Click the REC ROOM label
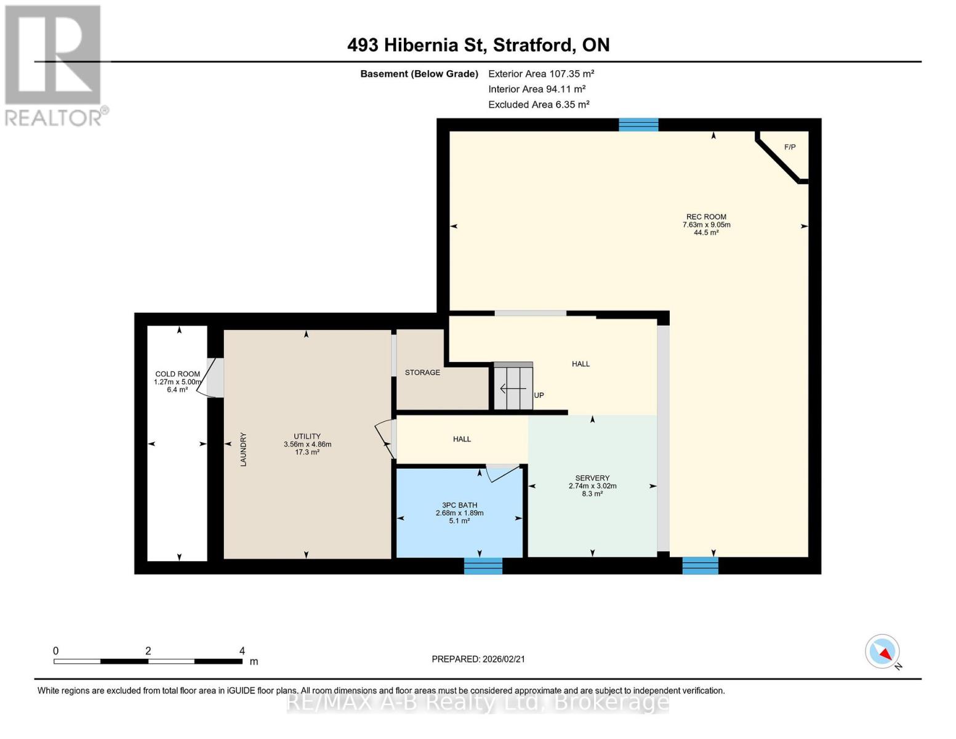tap(706, 217)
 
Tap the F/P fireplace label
tap(789, 147)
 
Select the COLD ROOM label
tap(177, 374)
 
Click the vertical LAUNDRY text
tap(243, 449)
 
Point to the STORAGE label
tap(422, 373)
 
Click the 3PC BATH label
tap(459, 505)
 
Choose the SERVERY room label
tap(592, 478)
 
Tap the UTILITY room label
tap(307, 436)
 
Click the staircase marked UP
tap(513, 387)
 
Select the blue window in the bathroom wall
tap(483, 565)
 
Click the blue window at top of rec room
tap(638, 125)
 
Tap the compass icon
tap(883, 652)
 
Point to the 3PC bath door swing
tap(502, 473)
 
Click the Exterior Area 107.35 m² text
tap(540, 73)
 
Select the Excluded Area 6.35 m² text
tap(539, 105)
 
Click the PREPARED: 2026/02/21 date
tap(478, 659)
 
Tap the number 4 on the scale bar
tap(242, 651)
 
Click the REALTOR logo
tap(54, 65)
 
